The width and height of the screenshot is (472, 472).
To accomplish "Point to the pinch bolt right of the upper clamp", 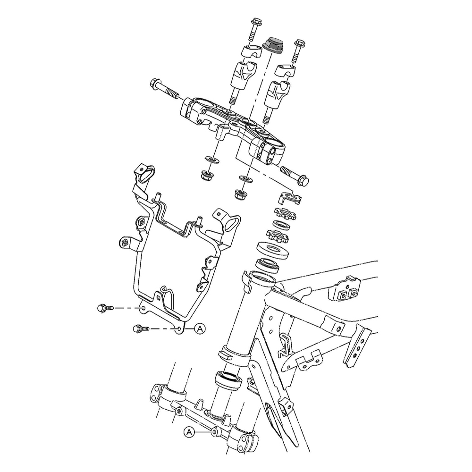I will [295, 174].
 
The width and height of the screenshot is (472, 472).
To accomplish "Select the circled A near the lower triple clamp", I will [189, 431].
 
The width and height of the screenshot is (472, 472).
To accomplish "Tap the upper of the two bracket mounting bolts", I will [105, 308].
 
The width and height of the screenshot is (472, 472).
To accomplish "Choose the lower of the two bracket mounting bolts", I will [141, 328].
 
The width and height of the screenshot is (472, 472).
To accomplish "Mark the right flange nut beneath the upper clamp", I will [240, 193].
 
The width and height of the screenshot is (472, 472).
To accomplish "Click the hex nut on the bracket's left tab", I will [125, 243].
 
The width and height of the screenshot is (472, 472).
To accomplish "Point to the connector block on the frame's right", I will [348, 288].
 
